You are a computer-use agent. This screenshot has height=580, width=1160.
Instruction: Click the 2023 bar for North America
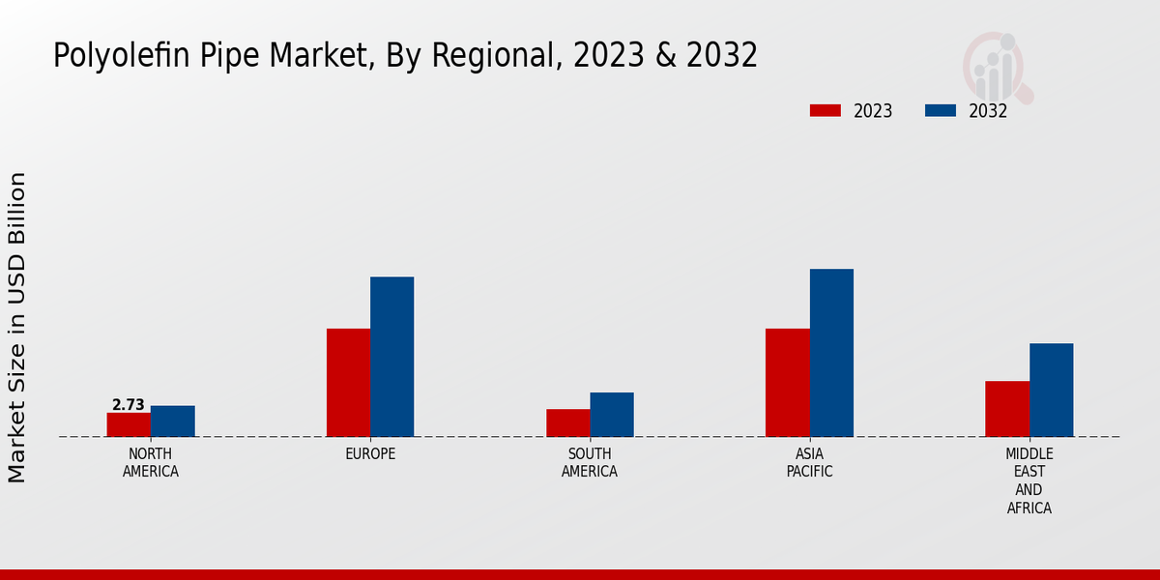[129, 424]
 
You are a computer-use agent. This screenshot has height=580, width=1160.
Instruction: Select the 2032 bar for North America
[172, 420]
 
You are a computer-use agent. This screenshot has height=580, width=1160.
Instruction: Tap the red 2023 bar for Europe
[348, 383]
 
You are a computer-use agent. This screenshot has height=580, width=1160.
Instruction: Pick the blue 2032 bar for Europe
[391, 357]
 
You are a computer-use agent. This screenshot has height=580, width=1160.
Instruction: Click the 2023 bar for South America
[567, 422]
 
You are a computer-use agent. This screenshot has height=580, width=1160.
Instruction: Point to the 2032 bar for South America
[612, 414]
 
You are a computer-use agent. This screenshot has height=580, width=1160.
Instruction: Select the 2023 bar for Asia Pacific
[787, 383]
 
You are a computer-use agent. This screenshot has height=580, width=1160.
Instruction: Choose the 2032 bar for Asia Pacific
[831, 353]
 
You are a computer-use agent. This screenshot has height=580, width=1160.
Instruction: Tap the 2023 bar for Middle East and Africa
[1007, 409]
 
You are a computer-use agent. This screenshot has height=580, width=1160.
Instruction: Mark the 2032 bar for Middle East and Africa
[1051, 390]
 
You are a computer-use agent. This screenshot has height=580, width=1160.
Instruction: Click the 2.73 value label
[129, 405]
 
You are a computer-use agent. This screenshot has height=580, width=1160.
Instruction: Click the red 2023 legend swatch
[826, 110]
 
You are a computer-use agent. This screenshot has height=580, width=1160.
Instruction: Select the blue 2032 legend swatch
[941, 110]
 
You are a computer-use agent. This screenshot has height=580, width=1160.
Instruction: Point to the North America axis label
[151, 463]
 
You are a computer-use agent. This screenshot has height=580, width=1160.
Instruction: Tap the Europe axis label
[370, 454]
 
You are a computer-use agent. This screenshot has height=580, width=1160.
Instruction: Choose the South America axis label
[590, 463]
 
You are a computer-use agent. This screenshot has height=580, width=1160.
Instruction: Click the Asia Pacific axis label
[809, 463]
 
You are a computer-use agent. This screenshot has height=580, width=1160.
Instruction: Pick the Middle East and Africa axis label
[1029, 480]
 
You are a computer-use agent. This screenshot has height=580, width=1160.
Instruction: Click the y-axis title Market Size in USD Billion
[17, 327]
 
